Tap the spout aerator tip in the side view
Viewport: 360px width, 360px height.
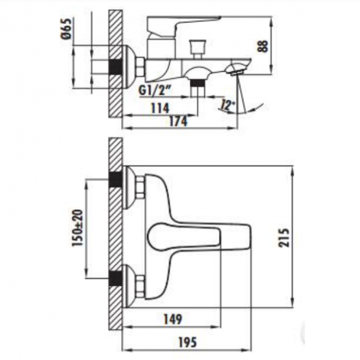coord(236,71)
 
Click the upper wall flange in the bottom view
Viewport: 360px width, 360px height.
coord(129,187)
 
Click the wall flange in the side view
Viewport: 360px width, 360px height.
coord(128,65)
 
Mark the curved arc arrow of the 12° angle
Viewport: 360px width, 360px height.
coord(249,109)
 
